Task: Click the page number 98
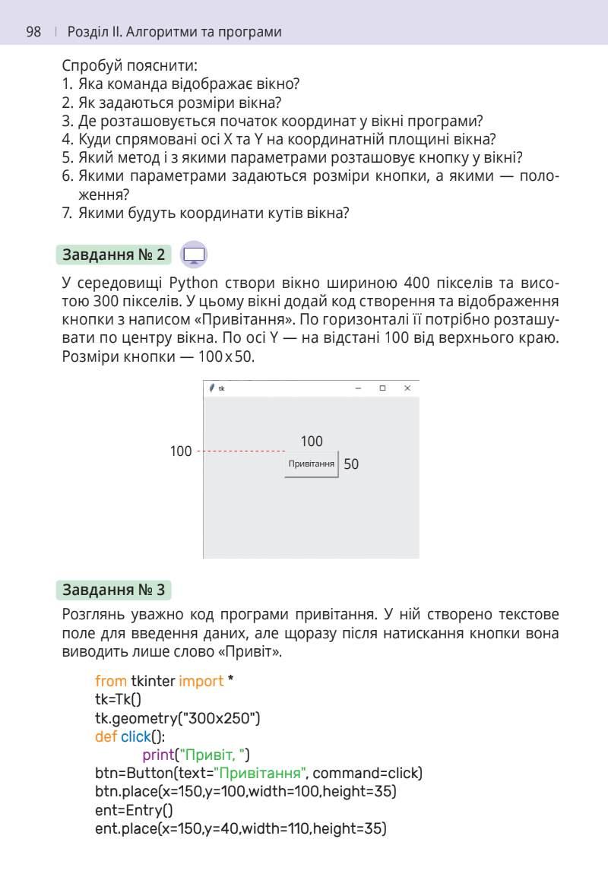33,32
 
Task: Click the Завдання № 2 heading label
113,255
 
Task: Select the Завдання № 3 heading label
113,590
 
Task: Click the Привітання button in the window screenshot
311,464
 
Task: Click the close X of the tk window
407,388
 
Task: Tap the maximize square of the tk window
382,388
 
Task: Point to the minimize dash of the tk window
358,388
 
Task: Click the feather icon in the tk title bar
212,388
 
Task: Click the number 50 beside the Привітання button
351,464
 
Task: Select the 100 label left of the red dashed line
181,452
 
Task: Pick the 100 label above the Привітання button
312,442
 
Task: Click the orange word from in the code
111,681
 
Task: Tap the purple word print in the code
158,755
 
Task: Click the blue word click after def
136,736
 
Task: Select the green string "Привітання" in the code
260,774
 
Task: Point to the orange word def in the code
106,736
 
